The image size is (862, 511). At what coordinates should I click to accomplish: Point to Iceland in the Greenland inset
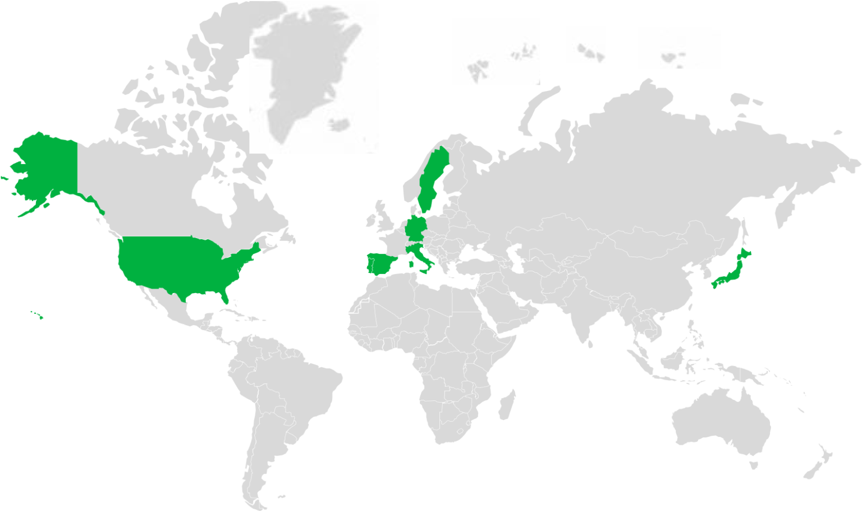(338, 124)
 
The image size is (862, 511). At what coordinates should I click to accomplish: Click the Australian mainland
(721, 421)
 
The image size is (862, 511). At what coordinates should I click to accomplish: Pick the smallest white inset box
(585, 44)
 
